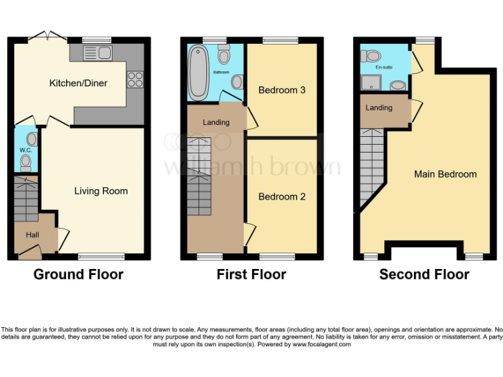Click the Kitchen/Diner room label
pyautogui.click(x=78, y=83)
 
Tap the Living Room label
pyautogui.click(x=100, y=191)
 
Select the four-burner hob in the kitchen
pyautogui.click(x=135, y=79)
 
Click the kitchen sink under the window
pyautogui.click(x=96, y=52)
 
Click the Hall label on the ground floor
pyautogui.click(x=23, y=234)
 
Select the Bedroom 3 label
pyautogui.click(x=282, y=90)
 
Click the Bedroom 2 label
pyautogui.click(x=282, y=196)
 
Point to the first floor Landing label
pyautogui.click(x=215, y=122)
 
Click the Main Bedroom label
pyautogui.click(x=445, y=174)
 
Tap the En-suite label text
pyautogui.click(x=383, y=67)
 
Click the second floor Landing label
pyautogui.click(x=379, y=107)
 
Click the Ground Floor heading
pyautogui.click(x=78, y=274)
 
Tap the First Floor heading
pyautogui.click(x=251, y=274)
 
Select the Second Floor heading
pyautogui.click(x=424, y=274)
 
